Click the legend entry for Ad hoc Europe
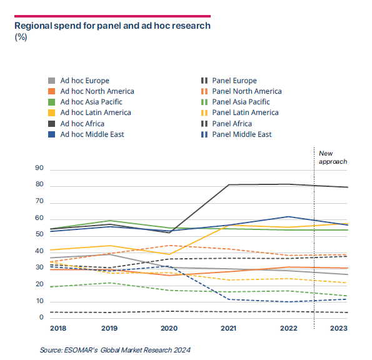[79, 81]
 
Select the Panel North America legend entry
[241, 91]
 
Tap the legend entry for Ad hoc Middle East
[86, 134]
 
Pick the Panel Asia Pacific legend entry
[235, 102]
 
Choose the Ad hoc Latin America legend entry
[89, 112]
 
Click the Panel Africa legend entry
[226, 124]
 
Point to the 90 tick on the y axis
[39, 168]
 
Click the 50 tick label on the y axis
[39, 234]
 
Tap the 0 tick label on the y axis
[41, 317]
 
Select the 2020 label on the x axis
[169, 328]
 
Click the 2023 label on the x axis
[338, 328]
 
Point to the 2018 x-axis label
[58, 328]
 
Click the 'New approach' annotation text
[333, 157]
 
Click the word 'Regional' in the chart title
[33, 26]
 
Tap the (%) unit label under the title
[21, 37]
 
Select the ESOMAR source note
[115, 350]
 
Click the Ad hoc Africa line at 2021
[228, 184]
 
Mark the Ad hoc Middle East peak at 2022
[288, 216]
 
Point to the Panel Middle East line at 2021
[228, 299]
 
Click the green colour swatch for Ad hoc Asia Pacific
[51, 102]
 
